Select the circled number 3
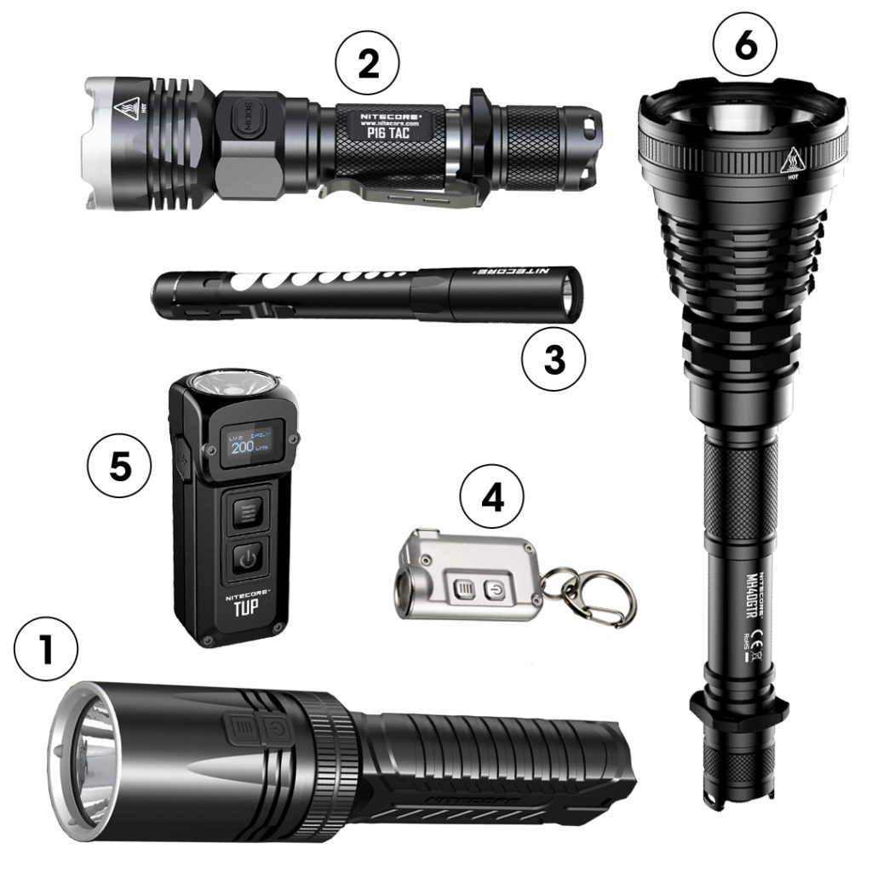[554, 360]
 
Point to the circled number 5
[120, 468]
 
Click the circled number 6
[744, 47]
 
